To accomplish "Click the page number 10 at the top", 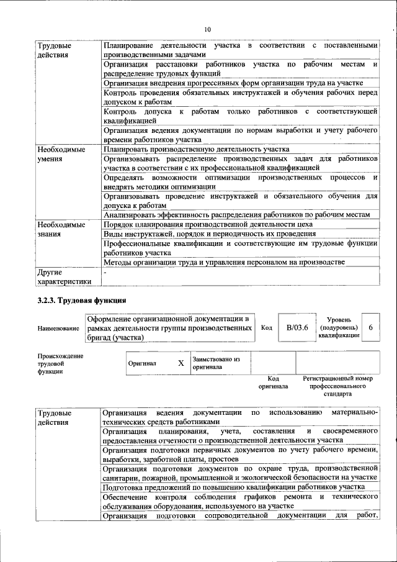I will [x=208, y=29].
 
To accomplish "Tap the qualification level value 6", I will [x=370, y=327].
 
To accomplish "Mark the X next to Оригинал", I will [x=181, y=363].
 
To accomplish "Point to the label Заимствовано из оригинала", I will [x=216, y=363].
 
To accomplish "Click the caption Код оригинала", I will [x=273, y=382].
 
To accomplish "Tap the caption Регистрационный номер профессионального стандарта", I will [x=337, y=386].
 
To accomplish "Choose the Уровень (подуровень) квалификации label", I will [x=339, y=327].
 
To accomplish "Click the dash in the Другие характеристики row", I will [x=105, y=272].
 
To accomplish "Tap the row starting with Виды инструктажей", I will [x=210, y=234].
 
